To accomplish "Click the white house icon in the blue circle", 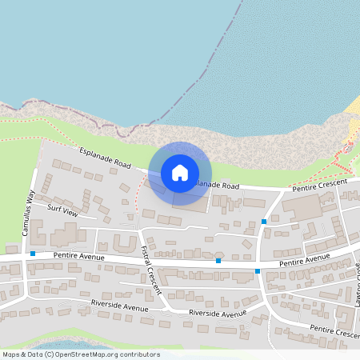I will pos(180,172).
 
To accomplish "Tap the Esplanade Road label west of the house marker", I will pos(105,157).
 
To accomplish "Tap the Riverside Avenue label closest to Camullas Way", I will pos(120,305).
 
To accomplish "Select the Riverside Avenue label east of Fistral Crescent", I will pos(218,314).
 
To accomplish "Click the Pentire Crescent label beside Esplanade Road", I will pos(318,184).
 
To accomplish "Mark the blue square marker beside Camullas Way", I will pos(33,254).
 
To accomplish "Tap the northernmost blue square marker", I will pos(264,221).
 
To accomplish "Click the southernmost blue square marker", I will pos(258,271).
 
